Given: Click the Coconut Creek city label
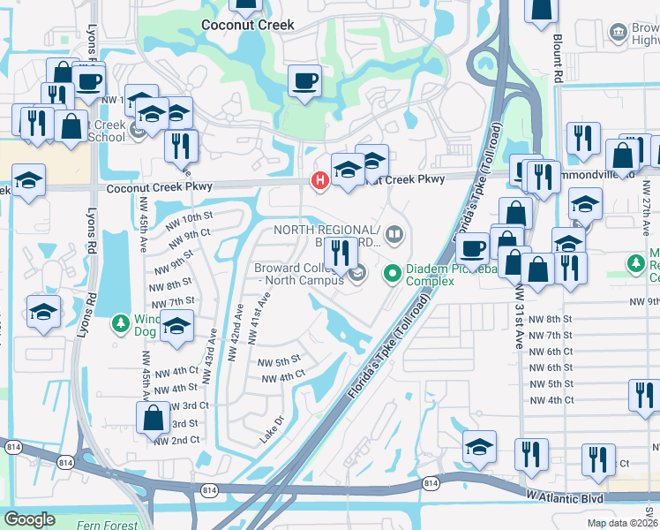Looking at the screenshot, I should coord(247,25).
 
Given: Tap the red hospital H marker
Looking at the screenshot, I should coord(319,180).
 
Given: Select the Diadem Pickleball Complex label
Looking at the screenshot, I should coord(430,275).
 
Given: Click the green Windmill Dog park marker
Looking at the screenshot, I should coord(122,324).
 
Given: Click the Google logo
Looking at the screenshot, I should coord(29,519).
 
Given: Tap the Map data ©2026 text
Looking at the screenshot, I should coord(621,522).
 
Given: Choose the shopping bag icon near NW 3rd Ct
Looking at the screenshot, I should coord(153,417).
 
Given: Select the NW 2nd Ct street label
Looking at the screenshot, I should coord(172,440).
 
